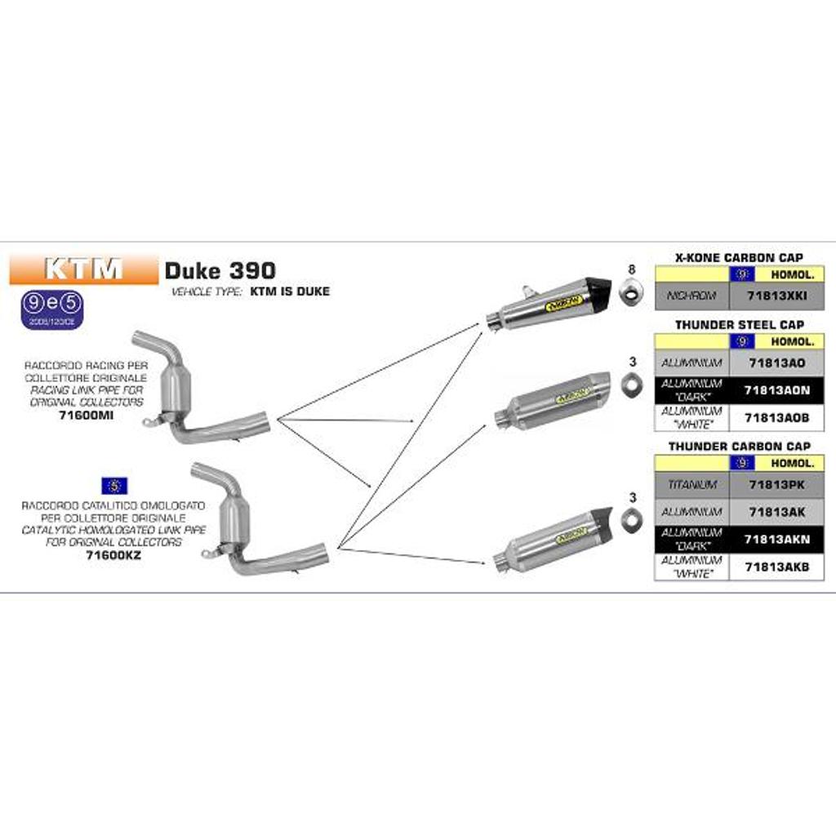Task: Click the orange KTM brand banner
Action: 83,269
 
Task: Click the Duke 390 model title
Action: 220,270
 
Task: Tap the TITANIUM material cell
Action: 691,485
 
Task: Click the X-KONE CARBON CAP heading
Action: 739,257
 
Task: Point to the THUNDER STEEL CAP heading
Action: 739,325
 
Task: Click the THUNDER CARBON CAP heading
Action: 739,447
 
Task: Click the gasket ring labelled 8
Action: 631,291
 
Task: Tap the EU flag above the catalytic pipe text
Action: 113,485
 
